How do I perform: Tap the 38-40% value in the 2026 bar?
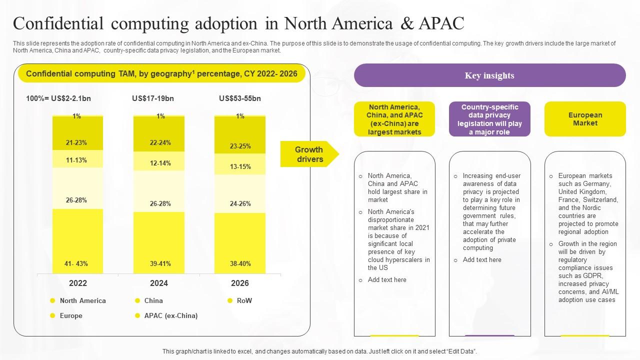[x=240, y=263]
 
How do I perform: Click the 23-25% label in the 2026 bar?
[x=240, y=146]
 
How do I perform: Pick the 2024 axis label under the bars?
[x=159, y=283]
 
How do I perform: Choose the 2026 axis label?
[x=240, y=283]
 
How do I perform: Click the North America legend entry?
[x=82, y=300]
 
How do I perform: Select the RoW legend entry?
[x=244, y=300]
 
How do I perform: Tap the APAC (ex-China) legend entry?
[x=170, y=315]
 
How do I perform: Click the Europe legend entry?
[x=71, y=315]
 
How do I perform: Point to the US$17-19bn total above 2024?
[x=153, y=98]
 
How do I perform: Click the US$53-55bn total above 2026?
[x=240, y=98]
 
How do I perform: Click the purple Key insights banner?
[x=489, y=75]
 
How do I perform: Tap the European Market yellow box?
[x=585, y=119]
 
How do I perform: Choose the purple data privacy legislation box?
[x=489, y=119]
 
